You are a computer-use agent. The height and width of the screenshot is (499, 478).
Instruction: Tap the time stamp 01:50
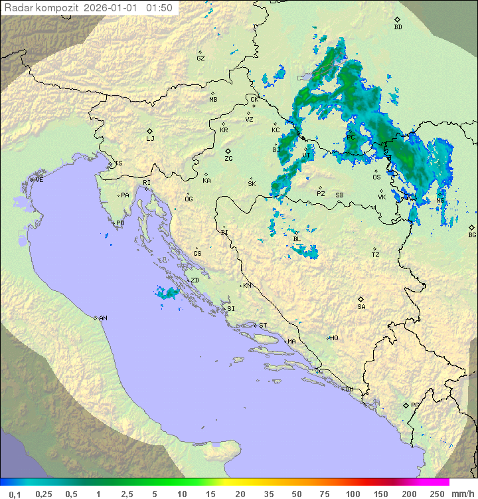(159, 8)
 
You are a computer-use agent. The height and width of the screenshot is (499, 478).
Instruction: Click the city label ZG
(228, 159)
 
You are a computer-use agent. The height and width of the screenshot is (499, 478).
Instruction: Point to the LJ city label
(150, 139)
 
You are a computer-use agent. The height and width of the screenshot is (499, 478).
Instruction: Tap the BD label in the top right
(398, 27)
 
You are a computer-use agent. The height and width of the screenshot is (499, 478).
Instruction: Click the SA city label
(361, 306)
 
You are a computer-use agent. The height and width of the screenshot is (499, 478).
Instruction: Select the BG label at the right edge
(472, 235)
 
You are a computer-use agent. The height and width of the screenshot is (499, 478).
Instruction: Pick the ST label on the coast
(263, 326)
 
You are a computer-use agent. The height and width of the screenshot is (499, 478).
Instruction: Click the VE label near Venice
(39, 180)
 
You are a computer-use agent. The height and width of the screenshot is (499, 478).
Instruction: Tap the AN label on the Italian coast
(103, 318)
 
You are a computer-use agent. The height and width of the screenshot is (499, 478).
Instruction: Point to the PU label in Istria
(120, 223)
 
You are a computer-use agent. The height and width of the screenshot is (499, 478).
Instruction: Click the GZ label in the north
(200, 58)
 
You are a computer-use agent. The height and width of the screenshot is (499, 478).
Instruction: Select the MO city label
(334, 338)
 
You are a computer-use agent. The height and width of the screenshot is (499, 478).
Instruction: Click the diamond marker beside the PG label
(406, 405)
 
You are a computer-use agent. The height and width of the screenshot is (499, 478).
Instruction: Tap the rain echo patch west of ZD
(167, 292)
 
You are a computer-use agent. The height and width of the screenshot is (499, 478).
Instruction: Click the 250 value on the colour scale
(437, 494)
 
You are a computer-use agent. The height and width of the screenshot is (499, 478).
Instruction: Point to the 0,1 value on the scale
(15, 494)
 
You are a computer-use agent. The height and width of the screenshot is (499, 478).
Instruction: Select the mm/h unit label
(461, 494)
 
